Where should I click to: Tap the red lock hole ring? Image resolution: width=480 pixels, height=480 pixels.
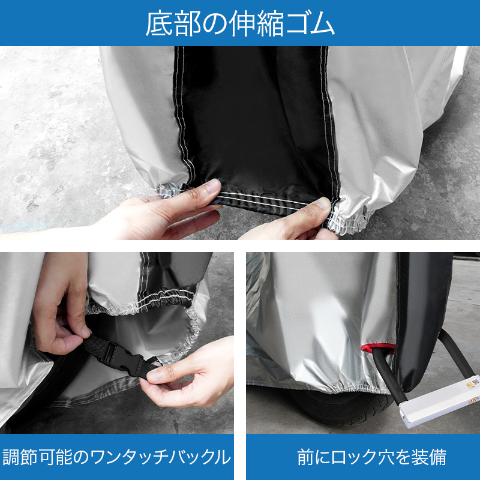coord(378,348)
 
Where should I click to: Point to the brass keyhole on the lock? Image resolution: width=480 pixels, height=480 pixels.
coord(473,400)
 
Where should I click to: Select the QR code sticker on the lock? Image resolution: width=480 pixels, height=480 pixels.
coord(475,382)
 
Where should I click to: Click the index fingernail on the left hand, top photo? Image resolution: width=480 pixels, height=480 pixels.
coord(214,185)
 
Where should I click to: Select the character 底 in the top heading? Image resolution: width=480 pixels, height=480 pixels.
coord(159,23)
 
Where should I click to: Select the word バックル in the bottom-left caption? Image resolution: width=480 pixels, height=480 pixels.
coord(200,457)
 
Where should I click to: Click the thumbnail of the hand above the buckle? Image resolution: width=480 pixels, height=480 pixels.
coord(85,332)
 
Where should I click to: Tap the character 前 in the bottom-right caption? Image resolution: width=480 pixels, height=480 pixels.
coord(306,457)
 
